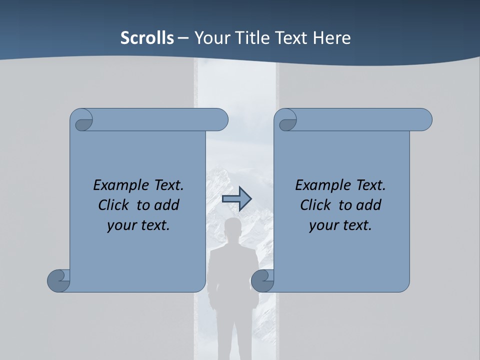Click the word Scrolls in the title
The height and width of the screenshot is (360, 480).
(147, 38)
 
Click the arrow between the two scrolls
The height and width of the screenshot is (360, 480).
(236, 198)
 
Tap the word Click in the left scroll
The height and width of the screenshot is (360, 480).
(114, 205)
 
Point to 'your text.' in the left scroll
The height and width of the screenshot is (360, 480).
(138, 225)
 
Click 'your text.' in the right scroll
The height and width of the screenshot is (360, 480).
(340, 225)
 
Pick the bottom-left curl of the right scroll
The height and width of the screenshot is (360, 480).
(262, 280)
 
